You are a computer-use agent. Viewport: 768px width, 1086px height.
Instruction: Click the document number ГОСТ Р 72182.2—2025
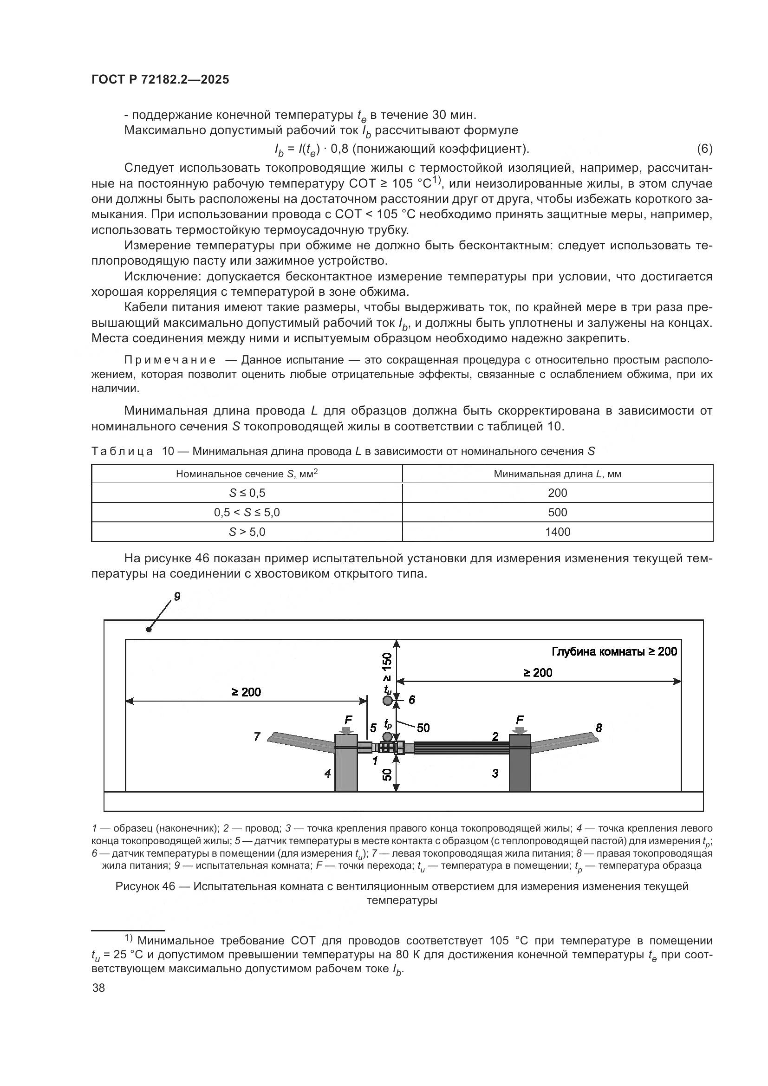coord(160,79)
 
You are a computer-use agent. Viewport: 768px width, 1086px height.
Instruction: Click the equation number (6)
coord(704,149)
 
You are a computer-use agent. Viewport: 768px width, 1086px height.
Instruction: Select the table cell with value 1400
coord(557,532)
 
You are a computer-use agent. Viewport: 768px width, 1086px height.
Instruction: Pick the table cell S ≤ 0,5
coord(247,493)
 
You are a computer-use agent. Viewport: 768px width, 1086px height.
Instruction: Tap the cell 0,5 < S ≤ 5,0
coord(247,512)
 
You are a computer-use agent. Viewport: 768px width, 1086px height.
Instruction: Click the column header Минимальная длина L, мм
coord(557,474)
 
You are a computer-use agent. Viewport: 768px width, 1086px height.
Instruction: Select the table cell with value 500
coord(557,512)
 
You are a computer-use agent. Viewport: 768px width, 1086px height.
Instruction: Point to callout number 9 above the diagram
coord(177,597)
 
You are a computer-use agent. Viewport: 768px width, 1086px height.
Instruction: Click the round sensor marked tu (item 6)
coord(387,701)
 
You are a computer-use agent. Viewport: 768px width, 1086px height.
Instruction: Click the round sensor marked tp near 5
coord(387,736)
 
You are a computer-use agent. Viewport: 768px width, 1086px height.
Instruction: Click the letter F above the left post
coord(348,721)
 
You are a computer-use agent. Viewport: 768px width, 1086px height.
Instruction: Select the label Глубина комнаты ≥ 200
coord(614,651)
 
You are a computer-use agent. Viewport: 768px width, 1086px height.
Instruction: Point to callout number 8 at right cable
coord(599,728)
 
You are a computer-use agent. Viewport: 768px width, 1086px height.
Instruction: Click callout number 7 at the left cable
coord(257,736)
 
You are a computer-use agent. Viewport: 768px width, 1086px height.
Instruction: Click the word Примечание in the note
coord(170,360)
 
